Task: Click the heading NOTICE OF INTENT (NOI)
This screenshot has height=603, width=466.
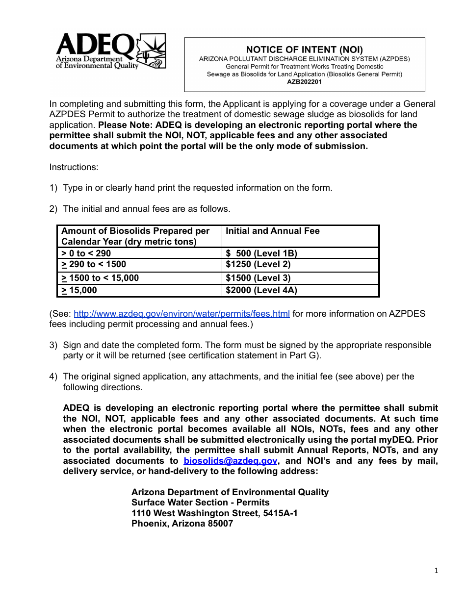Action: pyautogui.click(x=304, y=50)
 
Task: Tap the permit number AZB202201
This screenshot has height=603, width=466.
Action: pyautogui.click(x=304, y=82)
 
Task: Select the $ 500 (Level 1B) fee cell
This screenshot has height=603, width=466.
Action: pyautogui.click(x=261, y=253)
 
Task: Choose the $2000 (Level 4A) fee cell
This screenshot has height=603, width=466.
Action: pyautogui.click(x=261, y=290)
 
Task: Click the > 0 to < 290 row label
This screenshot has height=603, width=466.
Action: pyautogui.click(x=86, y=253)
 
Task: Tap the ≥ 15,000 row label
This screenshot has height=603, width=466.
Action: pyautogui.click(x=79, y=290)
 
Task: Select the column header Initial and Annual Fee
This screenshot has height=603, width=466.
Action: pyautogui.click(x=272, y=231)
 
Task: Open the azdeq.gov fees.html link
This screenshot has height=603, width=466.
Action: pyautogui.click(x=181, y=314)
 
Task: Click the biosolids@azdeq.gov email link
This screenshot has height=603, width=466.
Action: pyautogui.click(x=230, y=461)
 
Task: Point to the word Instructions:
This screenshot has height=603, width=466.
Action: pyautogui.click(x=74, y=167)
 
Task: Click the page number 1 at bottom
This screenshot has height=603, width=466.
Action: pyautogui.click(x=436, y=570)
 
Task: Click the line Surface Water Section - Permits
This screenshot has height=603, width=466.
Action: pyautogui.click(x=200, y=502)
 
